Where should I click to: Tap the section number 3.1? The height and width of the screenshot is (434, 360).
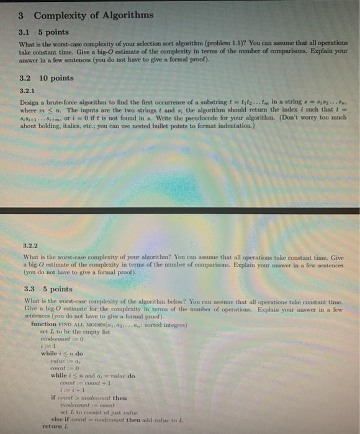pos(25,32)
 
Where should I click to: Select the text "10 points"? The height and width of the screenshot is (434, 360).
pos(56,78)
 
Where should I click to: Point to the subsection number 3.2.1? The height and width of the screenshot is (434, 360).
pos(28,91)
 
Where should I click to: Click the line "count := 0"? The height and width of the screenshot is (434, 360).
pos(63,370)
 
